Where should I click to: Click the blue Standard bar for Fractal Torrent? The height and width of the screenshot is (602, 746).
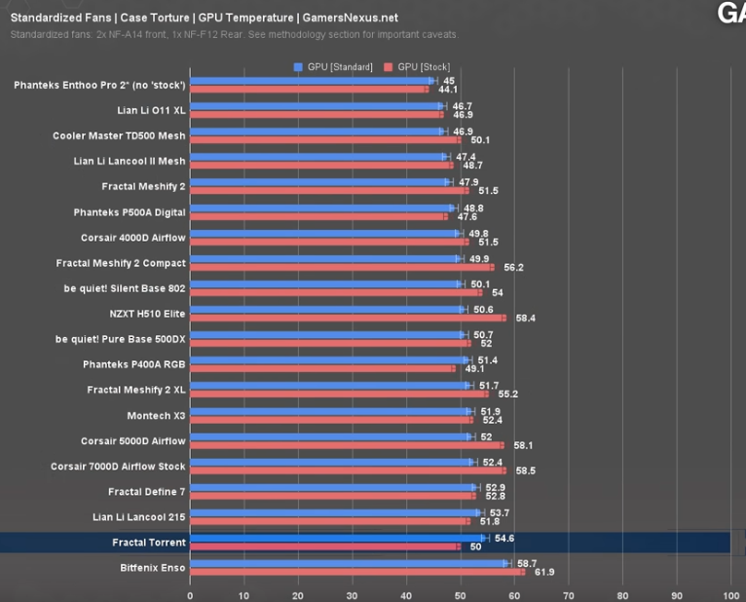[x=336, y=538]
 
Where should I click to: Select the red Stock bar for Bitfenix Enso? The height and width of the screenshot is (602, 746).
[x=356, y=572]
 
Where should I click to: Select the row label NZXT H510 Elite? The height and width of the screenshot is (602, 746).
[x=147, y=314]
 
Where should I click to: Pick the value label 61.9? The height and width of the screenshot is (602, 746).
[x=543, y=572]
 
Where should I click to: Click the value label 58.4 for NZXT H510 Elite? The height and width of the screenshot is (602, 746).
[x=525, y=318]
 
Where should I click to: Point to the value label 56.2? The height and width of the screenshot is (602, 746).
[x=513, y=267]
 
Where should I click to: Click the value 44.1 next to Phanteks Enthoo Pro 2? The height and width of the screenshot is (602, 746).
[x=447, y=90]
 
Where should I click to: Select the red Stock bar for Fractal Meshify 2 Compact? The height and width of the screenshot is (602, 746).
[x=341, y=267]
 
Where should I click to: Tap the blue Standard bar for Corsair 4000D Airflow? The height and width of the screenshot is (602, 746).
[x=324, y=233]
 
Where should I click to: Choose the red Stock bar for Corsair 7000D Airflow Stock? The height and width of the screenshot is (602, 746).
[x=348, y=470]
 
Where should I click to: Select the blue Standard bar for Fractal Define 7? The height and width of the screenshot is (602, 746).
[x=332, y=487]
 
